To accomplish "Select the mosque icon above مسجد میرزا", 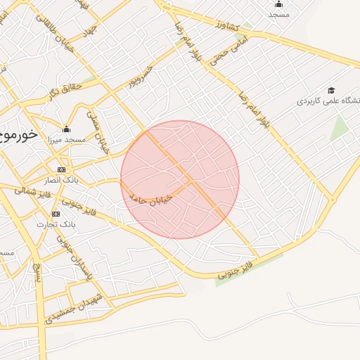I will [x=66, y=129].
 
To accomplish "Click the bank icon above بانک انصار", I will [x=61, y=171].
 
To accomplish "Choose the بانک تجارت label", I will [x=56, y=224].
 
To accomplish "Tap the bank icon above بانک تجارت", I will [x=56, y=214].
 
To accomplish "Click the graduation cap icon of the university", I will [x=331, y=91].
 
